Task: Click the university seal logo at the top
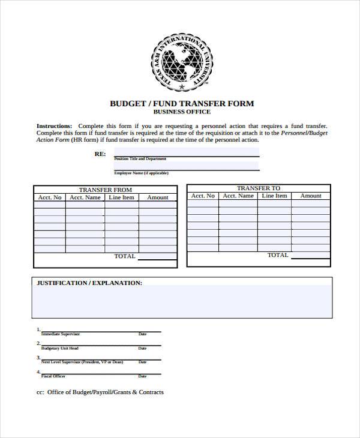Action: pyautogui.click(x=181, y=62)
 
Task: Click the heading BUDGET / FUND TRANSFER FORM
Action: pyautogui.click(x=182, y=103)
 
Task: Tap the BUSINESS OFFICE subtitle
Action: pyautogui.click(x=182, y=112)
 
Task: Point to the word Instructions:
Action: pyautogui.click(x=54, y=126)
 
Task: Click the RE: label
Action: pyautogui.click(x=100, y=154)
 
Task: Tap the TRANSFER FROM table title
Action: pyautogui.click(x=105, y=190)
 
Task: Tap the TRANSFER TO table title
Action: pyautogui.click(x=258, y=188)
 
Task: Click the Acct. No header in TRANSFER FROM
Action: pyautogui.click(x=50, y=197)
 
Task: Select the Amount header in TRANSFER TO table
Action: pyautogui.click(x=311, y=196)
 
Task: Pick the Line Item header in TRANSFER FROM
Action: pyautogui.click(x=122, y=197)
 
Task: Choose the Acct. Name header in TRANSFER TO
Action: pyautogui.click(x=238, y=196)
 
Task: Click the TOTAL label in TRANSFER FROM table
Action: pyautogui.click(x=125, y=256)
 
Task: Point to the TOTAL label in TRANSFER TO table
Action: pyautogui.click(x=278, y=255)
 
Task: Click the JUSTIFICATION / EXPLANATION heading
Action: pyautogui.click(x=89, y=283)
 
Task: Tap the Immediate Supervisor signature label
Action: pyautogui.click(x=60, y=334)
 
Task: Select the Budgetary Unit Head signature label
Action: pyautogui.click(x=59, y=348)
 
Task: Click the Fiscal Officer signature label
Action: pyautogui.click(x=53, y=376)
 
